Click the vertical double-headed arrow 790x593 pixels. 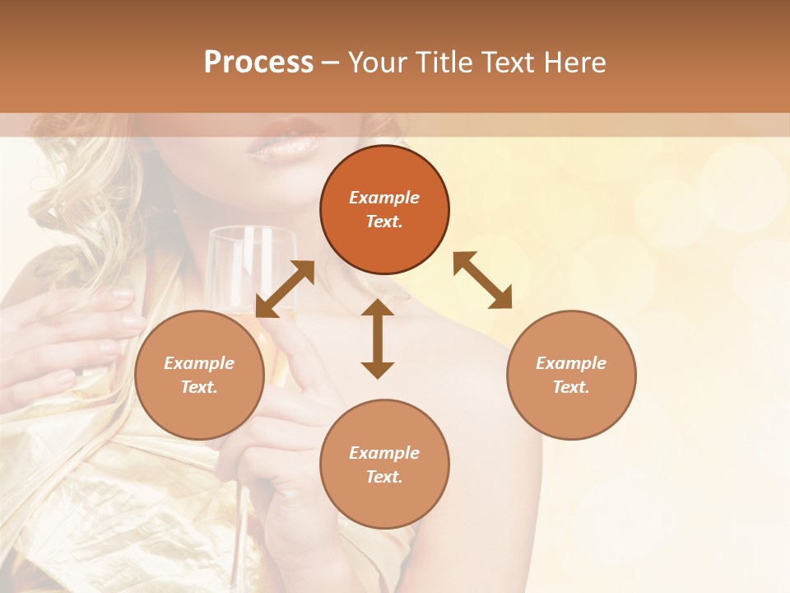point(378,339)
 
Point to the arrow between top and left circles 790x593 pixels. point(285,289)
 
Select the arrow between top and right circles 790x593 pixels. point(482,280)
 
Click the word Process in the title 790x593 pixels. point(258,62)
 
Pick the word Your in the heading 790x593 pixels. point(377,62)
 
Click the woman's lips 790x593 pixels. point(285,144)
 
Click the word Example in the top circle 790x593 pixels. point(384,198)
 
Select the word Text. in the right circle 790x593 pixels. point(571,387)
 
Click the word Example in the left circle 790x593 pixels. point(199,363)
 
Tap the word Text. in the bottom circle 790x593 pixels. point(384,477)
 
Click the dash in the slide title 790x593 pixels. point(330,62)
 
